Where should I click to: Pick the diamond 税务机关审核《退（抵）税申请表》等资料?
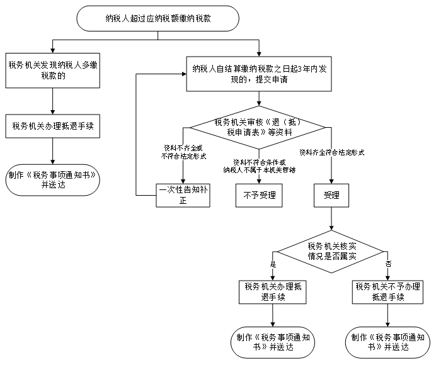[259, 128]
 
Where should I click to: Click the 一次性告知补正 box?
[183, 196]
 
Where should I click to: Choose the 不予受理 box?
[259, 196]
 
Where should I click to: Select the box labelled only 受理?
[331, 196]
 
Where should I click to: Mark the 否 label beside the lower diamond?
[388, 263]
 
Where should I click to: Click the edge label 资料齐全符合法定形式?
[332, 152]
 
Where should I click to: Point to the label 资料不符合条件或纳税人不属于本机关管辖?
[259, 166]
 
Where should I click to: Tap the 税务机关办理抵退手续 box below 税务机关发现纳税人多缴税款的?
[52, 126]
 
